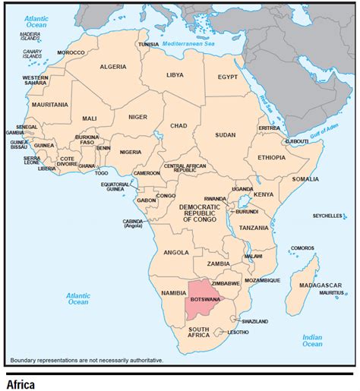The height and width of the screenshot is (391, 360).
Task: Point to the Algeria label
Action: click(113, 67)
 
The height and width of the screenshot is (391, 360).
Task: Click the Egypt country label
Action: click(228, 77)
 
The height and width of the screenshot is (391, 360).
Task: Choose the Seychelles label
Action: click(327, 216)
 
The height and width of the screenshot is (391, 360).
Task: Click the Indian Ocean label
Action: click(312, 340)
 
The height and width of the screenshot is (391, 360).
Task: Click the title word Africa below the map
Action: click(21, 384)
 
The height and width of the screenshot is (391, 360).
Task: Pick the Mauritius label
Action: click(331, 292)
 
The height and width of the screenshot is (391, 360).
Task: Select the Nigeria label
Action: click(131, 152)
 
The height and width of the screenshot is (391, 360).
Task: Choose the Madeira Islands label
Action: click(30, 36)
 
